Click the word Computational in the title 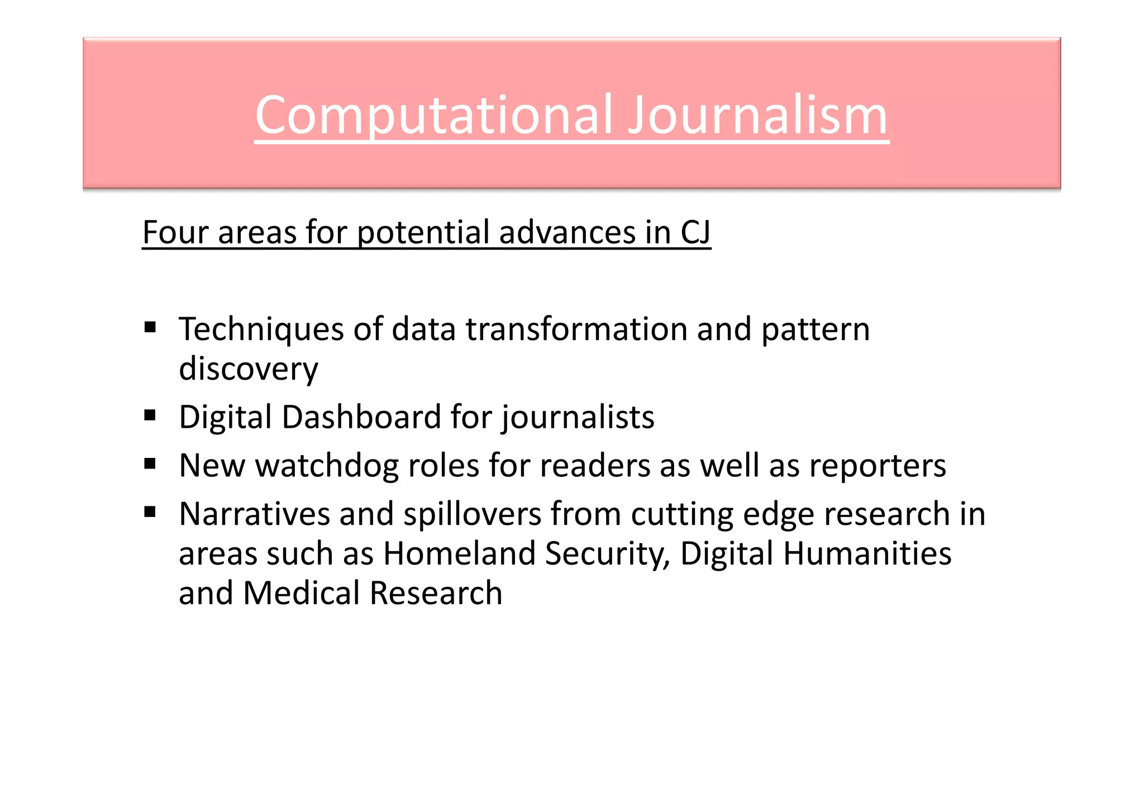(x=433, y=116)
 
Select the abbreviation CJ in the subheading (x=695, y=232)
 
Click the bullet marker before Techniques (x=150, y=327)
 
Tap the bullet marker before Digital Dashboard (x=150, y=415)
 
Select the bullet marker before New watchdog (x=150, y=463)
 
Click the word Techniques (x=261, y=329)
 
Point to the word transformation (x=577, y=329)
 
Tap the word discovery (x=249, y=370)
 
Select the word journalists (x=578, y=418)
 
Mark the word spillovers (x=473, y=514)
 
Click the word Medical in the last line (x=302, y=593)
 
